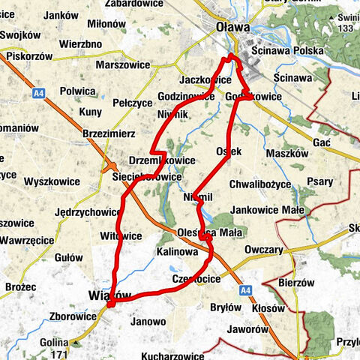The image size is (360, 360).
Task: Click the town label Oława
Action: point(232,27)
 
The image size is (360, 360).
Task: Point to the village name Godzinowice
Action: point(187,97)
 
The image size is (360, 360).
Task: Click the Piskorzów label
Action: point(29,57)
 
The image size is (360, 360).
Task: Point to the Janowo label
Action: point(148,321)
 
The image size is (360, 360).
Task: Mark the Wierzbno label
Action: point(80,44)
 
